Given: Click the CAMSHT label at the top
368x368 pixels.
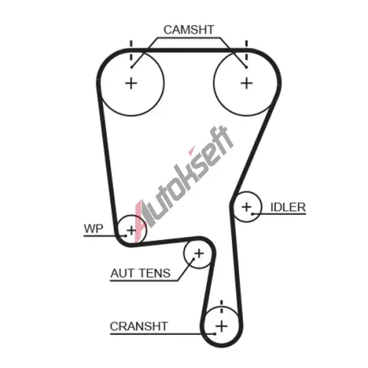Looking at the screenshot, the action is (188, 29).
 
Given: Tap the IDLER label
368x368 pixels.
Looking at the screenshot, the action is (288, 208).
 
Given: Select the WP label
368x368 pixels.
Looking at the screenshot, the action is (93, 229).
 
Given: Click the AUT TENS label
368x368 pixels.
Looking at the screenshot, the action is (141, 273).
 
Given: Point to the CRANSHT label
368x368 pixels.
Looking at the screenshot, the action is (139, 327).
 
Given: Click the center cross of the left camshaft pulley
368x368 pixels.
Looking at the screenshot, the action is (131, 83).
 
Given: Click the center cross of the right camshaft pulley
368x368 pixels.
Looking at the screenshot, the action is (247, 83).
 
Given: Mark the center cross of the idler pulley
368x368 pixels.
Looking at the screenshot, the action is (247, 208).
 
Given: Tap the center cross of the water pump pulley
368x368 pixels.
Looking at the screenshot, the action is (132, 230).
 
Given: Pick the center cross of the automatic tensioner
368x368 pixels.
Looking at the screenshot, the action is (199, 253).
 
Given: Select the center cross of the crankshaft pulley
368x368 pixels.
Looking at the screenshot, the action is (222, 327).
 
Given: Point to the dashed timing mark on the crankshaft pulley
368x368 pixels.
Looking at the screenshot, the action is (222, 306).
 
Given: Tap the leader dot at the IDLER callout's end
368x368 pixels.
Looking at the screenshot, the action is (252, 214).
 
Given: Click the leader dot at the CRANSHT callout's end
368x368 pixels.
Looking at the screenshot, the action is (215, 333).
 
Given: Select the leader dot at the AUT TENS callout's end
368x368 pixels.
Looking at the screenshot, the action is (194, 258).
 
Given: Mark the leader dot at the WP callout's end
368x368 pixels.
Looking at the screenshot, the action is (126, 236).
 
